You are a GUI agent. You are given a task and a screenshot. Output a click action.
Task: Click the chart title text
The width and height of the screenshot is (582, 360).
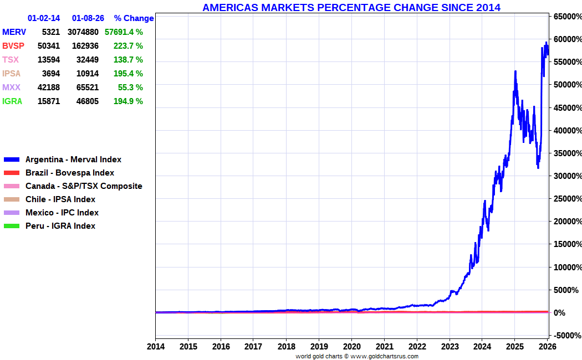(x=351, y=8)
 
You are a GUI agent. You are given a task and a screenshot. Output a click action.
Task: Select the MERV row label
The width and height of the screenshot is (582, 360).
(x=14, y=32)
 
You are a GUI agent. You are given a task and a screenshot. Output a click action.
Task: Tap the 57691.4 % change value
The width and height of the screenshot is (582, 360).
(x=124, y=32)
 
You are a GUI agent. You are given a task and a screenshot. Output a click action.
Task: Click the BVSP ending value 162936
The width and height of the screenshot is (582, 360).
(x=83, y=46)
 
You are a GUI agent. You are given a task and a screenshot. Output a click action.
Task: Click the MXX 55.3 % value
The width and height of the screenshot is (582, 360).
(x=130, y=88)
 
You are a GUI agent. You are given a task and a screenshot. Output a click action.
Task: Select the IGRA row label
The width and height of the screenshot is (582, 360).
(x=13, y=101)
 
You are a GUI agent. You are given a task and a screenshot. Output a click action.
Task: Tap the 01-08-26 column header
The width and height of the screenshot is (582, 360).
(x=88, y=18)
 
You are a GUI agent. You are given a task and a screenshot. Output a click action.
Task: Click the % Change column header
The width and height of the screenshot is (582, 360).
(x=134, y=18)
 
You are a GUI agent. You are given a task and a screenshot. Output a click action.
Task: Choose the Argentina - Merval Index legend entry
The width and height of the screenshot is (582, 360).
(x=73, y=160)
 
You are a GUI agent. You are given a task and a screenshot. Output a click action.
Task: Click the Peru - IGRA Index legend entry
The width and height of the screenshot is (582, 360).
(x=60, y=226)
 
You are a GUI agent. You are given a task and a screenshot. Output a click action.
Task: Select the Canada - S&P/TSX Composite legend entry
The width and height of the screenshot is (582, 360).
(x=84, y=186)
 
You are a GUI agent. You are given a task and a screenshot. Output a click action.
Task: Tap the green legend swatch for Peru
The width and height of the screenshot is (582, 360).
(x=11, y=226)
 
